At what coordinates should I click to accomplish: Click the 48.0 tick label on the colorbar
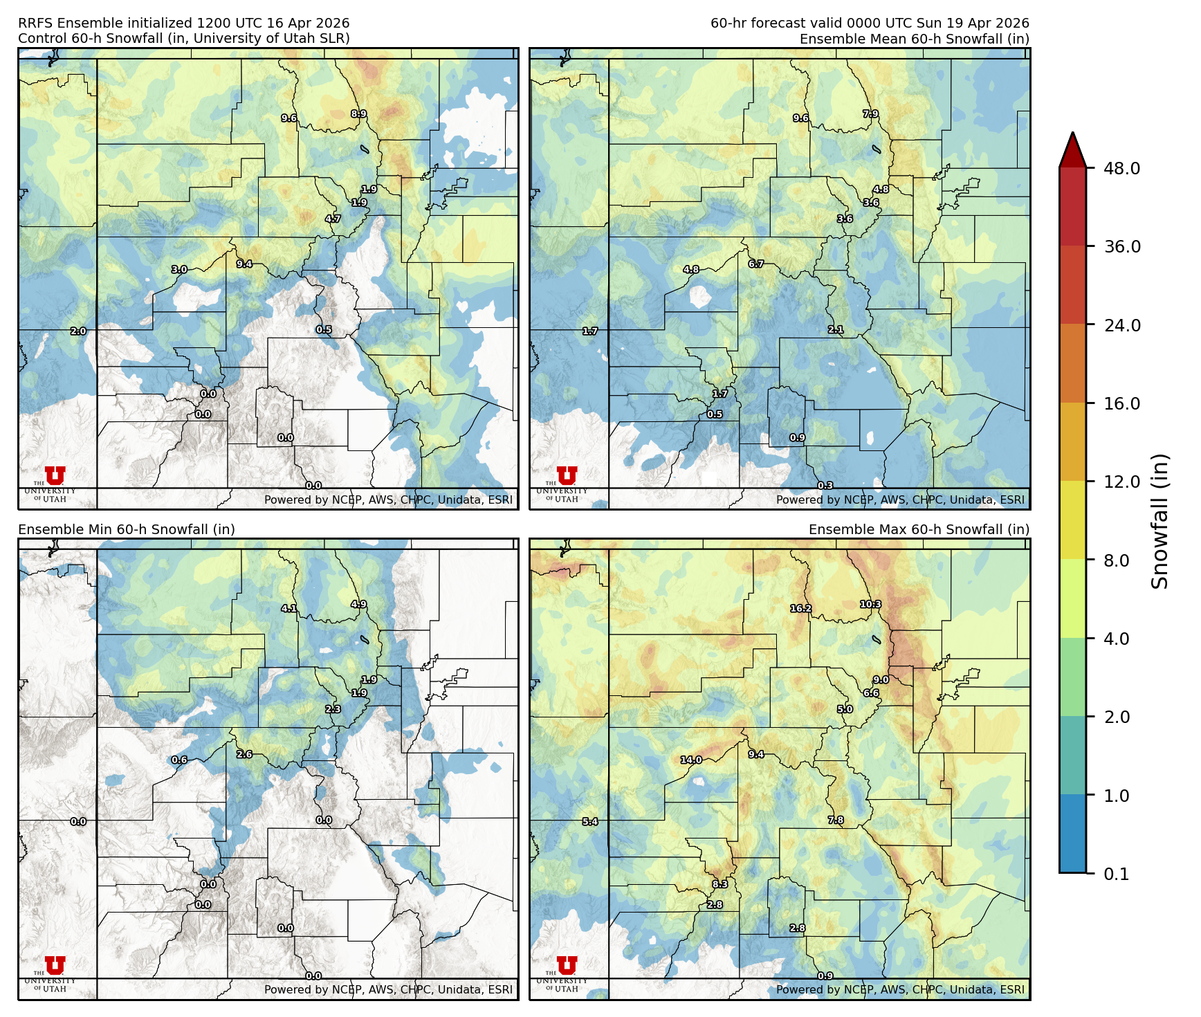tap(1121, 168)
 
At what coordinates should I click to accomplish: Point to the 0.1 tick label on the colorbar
tap(1116, 874)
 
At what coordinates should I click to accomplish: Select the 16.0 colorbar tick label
tap(1121, 403)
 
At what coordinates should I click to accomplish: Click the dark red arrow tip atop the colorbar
tap(1072, 147)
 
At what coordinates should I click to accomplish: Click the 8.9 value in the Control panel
tap(358, 114)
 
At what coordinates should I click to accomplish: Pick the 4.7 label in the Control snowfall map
tap(333, 219)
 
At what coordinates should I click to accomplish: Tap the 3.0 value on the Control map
tap(179, 269)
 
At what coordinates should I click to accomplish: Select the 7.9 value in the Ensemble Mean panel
tap(870, 114)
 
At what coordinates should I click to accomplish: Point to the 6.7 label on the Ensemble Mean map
tap(756, 264)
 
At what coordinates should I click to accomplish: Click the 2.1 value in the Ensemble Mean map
tap(836, 330)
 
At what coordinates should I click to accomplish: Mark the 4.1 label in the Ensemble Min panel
tap(289, 609)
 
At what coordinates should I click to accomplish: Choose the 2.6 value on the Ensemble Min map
tap(244, 754)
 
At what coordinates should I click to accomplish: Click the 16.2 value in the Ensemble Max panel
tap(800, 609)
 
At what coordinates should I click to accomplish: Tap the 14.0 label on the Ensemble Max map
tap(690, 760)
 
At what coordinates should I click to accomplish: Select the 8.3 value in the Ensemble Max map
tap(720, 884)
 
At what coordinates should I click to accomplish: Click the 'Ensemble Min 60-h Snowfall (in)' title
tap(127, 529)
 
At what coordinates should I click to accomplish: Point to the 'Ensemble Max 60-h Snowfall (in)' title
tap(919, 529)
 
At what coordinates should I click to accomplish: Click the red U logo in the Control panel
tap(55, 475)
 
